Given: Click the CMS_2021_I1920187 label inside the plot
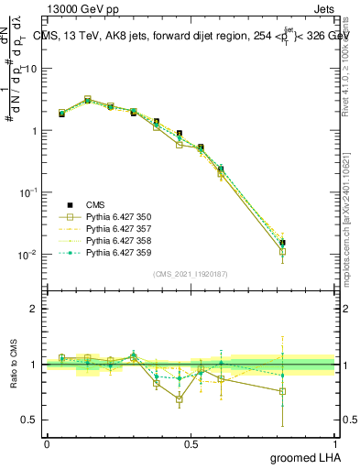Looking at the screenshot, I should point(191,274).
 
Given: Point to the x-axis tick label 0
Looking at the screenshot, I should point(47,443).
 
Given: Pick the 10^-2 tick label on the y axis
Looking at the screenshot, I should point(29,255).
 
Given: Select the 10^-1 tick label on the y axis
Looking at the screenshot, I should point(29,192).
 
